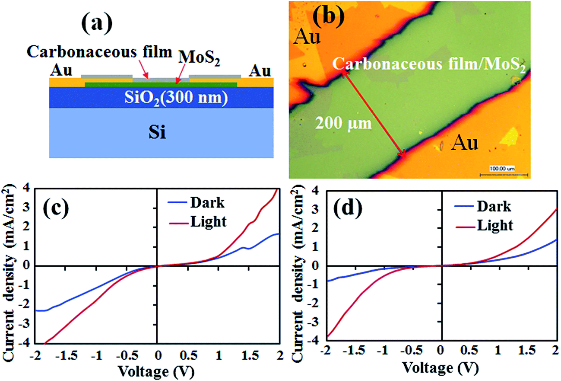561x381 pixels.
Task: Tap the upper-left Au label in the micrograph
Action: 307,37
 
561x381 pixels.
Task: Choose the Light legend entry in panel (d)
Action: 495,225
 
